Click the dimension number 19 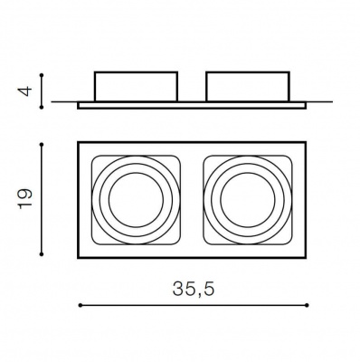(x=25, y=199)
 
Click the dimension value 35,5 (x=194, y=289)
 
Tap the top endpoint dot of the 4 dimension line (x=42, y=74)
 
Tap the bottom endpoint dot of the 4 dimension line (x=42, y=107)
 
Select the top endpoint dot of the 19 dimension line (x=42, y=145)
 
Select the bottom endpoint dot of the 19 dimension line (x=42, y=254)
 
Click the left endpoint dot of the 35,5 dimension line (x=81, y=305)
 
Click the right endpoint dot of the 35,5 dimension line (x=307, y=305)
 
